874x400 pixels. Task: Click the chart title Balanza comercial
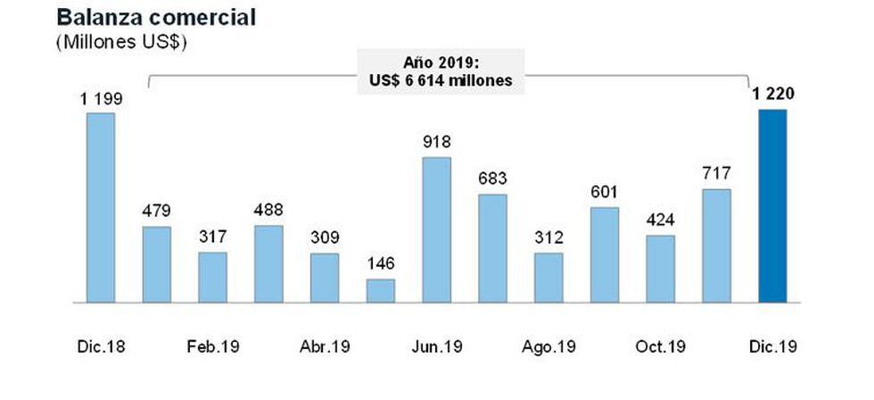[144, 17]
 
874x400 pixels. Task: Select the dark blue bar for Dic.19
[772, 206]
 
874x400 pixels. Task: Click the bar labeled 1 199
[101, 208]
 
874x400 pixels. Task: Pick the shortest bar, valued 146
[381, 291]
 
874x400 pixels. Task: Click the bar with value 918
[437, 230]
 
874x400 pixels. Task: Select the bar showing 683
[493, 248]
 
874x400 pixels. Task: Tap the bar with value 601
[605, 255]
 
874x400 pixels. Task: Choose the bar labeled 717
[716, 246]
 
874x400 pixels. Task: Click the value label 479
[157, 211]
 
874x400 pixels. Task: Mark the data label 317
[213, 237]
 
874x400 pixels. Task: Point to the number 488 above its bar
[269, 210]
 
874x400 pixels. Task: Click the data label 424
[661, 220]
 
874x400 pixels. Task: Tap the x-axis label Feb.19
[213, 346]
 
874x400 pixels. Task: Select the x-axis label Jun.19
[437, 346]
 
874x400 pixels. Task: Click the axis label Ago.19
[549, 346]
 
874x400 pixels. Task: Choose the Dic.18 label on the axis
[101, 346]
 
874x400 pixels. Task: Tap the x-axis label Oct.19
[661, 346]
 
